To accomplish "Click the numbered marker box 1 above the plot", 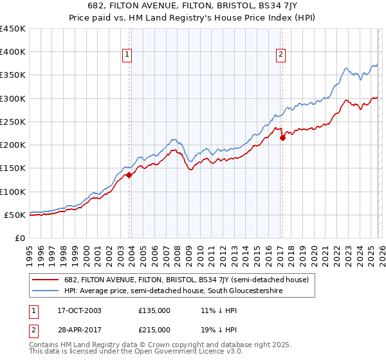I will tap(127, 55).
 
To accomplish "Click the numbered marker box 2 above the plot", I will tap(281, 55).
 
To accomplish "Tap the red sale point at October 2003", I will tap(129, 175).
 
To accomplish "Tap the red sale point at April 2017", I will tap(282, 138).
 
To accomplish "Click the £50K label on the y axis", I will tap(15, 215).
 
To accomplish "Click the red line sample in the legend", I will tap(46, 280).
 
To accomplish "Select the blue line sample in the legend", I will tap(46, 291).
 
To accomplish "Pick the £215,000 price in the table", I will tap(154, 329).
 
